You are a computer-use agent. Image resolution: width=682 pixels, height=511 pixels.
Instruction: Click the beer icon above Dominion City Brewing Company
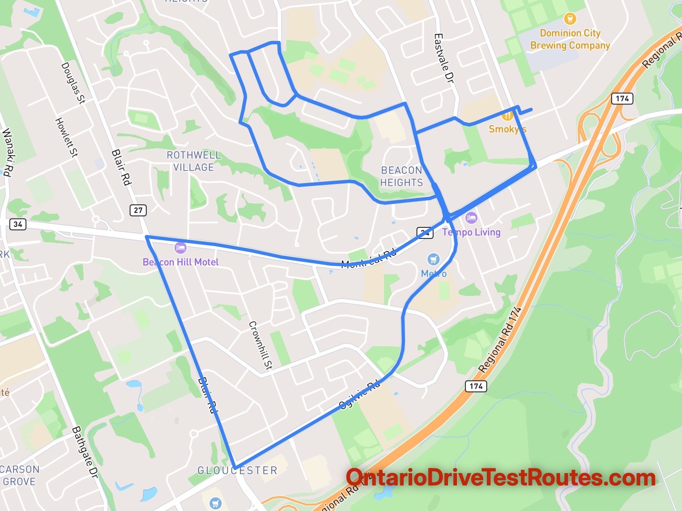tap(570, 19)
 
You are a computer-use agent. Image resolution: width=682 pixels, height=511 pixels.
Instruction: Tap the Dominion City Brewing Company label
tap(570, 39)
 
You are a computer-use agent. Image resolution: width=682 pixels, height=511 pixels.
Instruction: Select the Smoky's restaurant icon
tap(507, 115)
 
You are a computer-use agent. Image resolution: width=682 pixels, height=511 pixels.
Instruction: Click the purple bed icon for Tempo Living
tap(471, 218)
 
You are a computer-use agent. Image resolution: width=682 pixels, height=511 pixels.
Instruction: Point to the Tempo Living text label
tap(471, 232)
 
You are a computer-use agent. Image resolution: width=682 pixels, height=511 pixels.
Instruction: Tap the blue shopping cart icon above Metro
tap(433, 259)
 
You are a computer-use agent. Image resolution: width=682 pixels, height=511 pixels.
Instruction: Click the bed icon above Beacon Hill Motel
tap(180, 248)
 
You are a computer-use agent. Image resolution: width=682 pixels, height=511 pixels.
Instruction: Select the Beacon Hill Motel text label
tap(181, 262)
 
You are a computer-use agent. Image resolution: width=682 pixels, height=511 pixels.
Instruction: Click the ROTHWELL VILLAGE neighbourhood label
tap(194, 161)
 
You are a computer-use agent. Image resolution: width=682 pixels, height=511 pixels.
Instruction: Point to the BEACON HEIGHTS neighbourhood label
tap(402, 176)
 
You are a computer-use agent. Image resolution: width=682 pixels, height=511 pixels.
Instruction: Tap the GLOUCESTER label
tap(237, 470)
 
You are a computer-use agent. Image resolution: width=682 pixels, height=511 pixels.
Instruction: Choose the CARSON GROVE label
tap(20, 475)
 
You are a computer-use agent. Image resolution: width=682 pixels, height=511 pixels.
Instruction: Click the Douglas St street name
tap(73, 83)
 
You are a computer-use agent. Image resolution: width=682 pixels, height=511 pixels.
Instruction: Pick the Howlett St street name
tap(67, 137)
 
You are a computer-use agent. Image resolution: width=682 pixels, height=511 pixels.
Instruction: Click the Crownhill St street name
tap(260, 345)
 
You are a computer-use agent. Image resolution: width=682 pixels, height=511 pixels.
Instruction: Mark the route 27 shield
tap(138, 210)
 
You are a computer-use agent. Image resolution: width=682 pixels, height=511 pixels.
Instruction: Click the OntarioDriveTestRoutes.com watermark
tap(500, 478)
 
